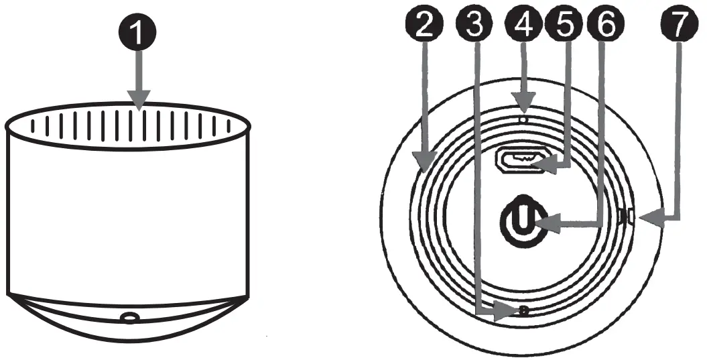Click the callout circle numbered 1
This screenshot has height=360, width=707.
coord(139,33)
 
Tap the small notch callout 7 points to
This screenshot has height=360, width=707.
coord(627,217)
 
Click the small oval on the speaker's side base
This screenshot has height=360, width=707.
coord(129,316)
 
